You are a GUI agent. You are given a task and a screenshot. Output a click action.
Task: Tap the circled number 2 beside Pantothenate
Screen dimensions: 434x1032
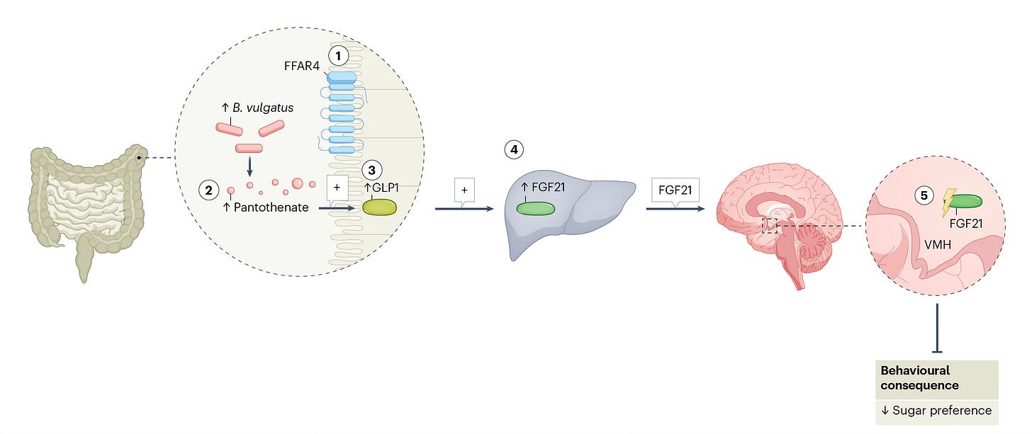coord(208,190)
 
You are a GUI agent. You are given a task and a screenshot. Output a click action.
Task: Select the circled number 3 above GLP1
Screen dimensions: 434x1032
coord(371,171)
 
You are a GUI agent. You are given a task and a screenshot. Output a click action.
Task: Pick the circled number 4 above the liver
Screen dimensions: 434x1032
coord(513,150)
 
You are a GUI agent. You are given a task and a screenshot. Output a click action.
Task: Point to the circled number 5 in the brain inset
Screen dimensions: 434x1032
coord(924,196)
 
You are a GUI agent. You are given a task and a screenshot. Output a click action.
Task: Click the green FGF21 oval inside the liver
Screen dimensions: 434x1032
coord(536,208)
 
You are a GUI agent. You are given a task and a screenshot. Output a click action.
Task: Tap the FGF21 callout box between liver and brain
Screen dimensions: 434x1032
coord(674,190)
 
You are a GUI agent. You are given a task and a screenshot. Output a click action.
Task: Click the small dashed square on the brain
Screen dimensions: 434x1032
coord(770,226)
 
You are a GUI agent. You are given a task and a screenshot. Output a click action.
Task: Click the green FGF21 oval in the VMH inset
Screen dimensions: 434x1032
coord(967,201)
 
